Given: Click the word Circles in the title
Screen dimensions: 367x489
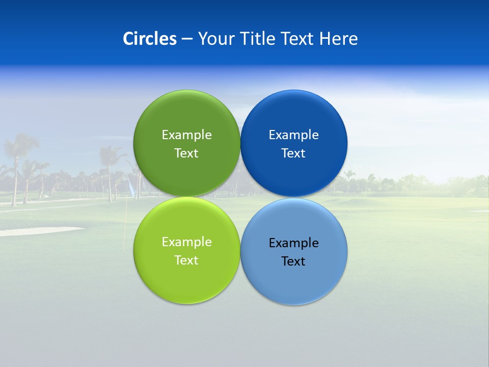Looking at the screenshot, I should (x=149, y=39).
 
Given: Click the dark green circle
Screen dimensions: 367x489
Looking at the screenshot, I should (x=186, y=115).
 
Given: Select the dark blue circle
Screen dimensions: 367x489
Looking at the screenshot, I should (x=294, y=115).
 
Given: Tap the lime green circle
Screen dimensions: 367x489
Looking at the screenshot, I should (x=186, y=278).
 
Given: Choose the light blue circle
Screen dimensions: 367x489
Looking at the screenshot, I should (x=294, y=280).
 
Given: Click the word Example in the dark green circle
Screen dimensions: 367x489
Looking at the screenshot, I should (x=186, y=135).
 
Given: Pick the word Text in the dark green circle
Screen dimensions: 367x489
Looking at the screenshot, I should (x=186, y=153).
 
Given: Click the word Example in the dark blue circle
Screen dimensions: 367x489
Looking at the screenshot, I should (x=294, y=135).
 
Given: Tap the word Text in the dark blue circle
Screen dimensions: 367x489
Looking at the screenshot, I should (x=294, y=153).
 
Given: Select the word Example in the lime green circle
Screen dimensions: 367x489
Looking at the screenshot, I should (x=186, y=242).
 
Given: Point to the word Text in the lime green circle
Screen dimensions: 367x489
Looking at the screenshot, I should (x=186, y=260).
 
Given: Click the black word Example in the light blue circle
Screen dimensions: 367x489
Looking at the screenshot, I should (x=294, y=243).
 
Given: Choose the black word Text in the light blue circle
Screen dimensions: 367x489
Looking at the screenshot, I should (x=294, y=261).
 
